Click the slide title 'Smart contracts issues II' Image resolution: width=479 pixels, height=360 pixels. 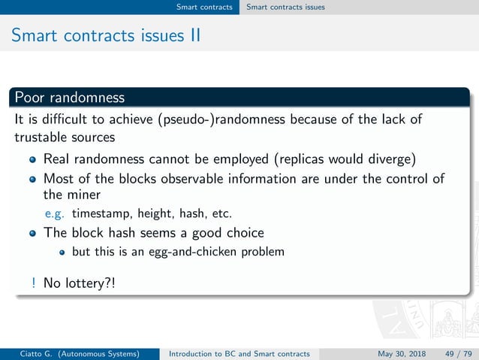click(x=105, y=35)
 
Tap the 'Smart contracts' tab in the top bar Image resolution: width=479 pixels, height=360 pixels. click(x=204, y=8)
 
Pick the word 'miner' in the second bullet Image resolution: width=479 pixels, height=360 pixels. click(x=84, y=195)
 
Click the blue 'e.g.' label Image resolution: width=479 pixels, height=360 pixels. click(x=55, y=213)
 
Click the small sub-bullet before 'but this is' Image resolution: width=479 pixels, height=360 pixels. click(x=63, y=252)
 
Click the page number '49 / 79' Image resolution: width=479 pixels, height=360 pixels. click(x=455, y=353)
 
